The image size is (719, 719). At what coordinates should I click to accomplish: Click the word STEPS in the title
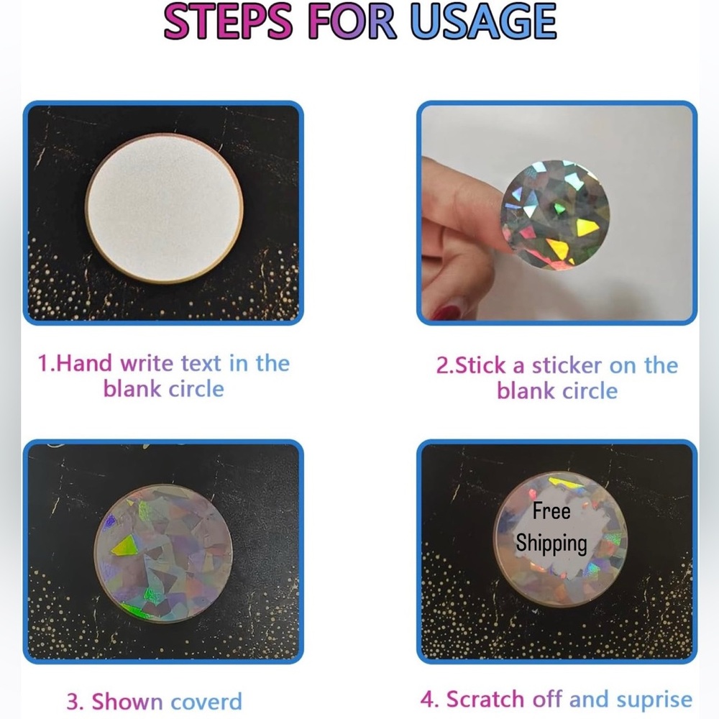tap(229, 22)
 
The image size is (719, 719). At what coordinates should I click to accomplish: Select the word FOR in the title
tap(352, 22)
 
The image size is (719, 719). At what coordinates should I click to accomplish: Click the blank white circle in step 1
tap(164, 208)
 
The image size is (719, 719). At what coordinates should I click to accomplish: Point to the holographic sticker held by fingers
tap(555, 214)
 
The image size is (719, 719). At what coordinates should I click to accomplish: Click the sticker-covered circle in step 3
tap(163, 554)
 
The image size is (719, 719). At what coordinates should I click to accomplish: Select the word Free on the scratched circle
tap(551, 510)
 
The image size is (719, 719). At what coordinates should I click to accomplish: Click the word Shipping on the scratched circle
tap(551, 544)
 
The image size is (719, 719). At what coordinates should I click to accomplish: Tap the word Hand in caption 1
tap(83, 363)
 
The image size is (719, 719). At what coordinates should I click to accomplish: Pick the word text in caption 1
tap(201, 364)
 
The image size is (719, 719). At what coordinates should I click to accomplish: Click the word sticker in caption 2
tap(567, 365)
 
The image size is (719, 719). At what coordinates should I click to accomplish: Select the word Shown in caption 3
tap(127, 702)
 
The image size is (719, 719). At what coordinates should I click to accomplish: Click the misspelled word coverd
tap(206, 702)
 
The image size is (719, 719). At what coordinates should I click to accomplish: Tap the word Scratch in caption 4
tap(485, 700)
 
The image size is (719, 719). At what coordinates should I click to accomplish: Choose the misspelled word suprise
tap(654, 700)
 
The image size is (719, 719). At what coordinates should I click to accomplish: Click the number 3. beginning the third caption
tap(75, 702)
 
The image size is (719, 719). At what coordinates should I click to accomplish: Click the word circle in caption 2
tap(590, 391)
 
